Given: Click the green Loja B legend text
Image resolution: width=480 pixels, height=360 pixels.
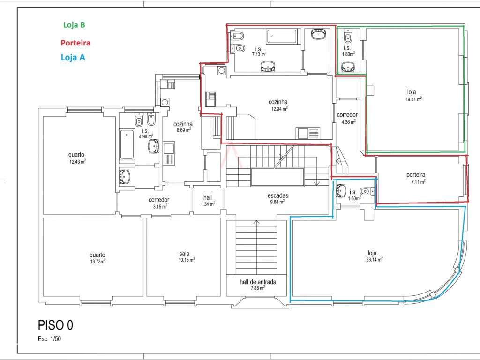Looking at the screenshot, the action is coord(74,25).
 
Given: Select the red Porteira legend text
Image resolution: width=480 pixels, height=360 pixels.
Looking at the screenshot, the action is coord(75,43).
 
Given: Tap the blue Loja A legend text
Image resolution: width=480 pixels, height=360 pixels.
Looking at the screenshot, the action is coord(73,57).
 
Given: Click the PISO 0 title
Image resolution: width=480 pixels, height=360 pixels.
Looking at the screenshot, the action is coord(55,325).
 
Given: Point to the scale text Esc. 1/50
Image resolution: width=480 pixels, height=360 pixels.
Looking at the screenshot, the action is coord(49,339).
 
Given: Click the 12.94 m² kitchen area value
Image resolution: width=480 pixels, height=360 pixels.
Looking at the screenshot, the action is coord(278,109).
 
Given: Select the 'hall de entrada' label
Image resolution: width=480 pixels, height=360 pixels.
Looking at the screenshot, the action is coord(258,282).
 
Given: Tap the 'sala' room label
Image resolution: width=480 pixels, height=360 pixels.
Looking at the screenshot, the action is coord(184,254).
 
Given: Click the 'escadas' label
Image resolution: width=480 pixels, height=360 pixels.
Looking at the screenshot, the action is coord(277,195).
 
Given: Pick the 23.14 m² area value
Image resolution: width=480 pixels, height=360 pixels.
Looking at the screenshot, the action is coord(374,259).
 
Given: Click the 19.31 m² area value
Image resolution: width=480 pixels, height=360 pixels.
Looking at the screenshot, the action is coord(413,99).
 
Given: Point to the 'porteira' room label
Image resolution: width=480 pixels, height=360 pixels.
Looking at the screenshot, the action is coord(416,175).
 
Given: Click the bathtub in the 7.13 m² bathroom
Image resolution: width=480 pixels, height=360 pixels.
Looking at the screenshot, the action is coord(282,36).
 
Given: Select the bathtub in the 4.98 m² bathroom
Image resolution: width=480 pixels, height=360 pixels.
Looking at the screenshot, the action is coord(127,144).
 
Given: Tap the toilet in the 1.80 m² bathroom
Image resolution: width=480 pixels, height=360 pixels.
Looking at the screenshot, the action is coord(348,36).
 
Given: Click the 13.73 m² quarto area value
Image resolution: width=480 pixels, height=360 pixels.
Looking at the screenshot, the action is coord(97,261).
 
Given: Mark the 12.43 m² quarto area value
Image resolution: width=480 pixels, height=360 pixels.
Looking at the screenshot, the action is coord(77,161).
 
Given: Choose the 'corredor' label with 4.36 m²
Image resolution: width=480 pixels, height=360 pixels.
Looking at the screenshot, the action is coord(347,115).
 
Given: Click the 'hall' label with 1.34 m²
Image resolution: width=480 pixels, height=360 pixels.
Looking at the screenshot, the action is coord(208,197).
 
